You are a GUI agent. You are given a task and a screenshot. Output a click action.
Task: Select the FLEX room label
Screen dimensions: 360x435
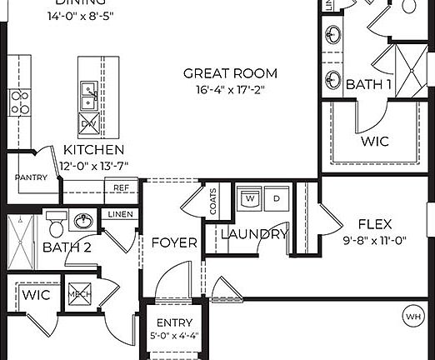(x=375, y=223)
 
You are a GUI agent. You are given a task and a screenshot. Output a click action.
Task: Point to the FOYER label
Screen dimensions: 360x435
(x=174, y=243)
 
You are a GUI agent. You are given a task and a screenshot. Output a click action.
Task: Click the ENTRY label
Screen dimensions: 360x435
(x=175, y=323)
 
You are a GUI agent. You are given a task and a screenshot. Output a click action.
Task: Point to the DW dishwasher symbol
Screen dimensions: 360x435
(x=88, y=125)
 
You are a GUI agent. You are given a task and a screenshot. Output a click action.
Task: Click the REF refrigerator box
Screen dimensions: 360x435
(x=122, y=188)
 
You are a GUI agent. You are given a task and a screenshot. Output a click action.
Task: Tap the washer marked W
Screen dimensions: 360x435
(x=250, y=200)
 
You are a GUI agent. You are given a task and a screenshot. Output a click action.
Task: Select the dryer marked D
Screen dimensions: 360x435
(x=274, y=200)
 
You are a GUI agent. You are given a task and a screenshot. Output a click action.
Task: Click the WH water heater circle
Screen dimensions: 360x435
(x=412, y=317)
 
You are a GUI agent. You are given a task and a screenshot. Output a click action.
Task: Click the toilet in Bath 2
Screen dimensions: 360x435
(x=56, y=225)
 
